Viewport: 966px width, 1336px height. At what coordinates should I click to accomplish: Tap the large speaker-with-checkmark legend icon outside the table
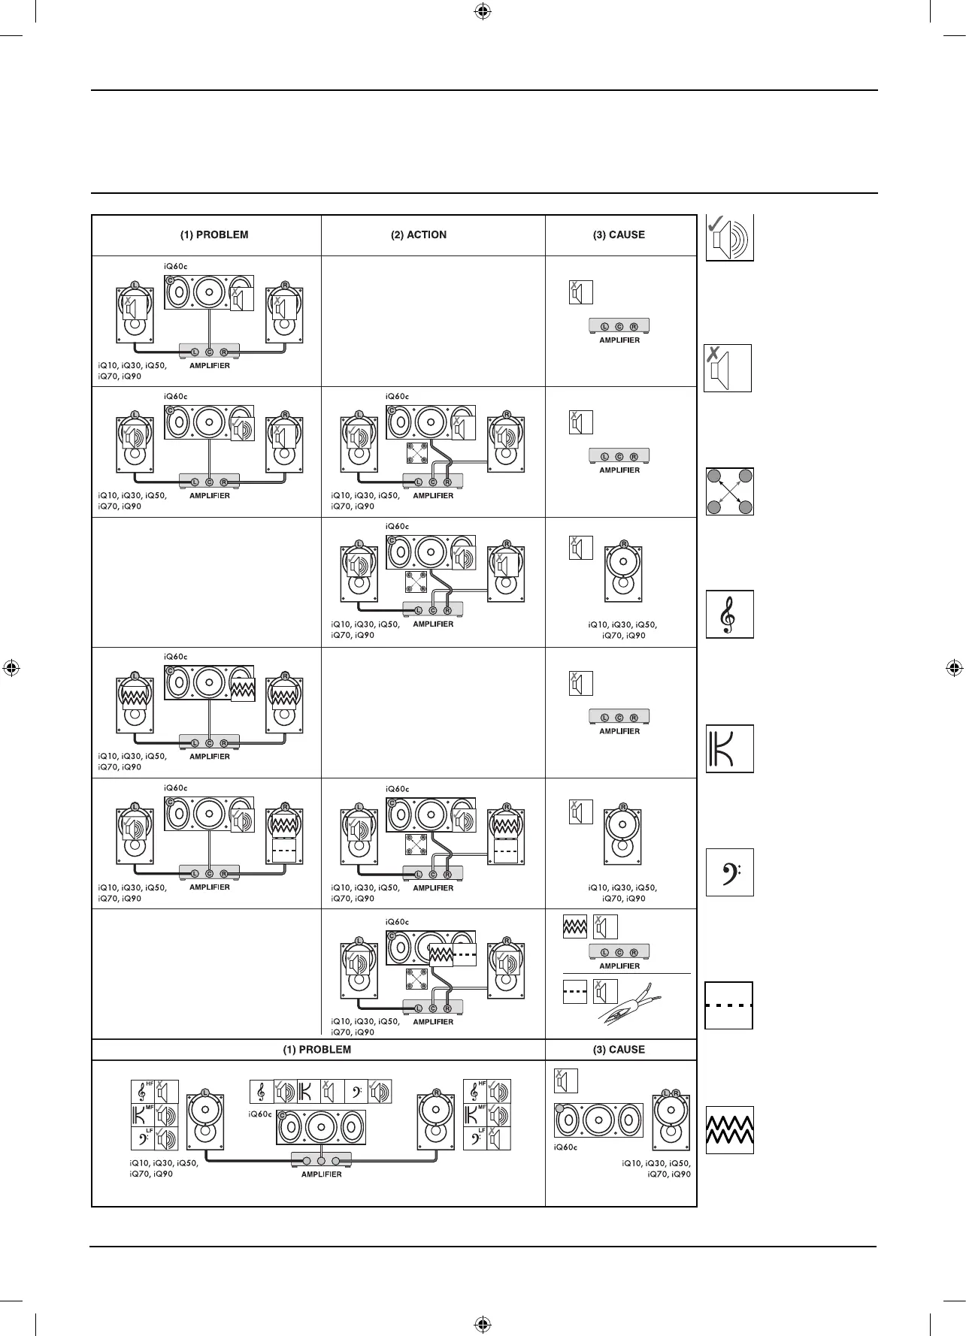tap(729, 238)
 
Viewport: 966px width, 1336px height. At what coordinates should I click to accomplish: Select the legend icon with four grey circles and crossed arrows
tap(729, 491)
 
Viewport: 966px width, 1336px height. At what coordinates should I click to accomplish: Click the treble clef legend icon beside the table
tap(729, 615)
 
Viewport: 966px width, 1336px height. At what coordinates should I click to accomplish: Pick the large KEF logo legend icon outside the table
tap(729, 748)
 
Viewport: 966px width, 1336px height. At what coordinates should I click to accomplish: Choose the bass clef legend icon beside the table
tap(729, 872)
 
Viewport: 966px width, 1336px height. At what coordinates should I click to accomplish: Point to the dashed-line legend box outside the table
tap(728, 1005)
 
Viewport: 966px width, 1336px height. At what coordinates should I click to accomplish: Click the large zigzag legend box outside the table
tap(729, 1130)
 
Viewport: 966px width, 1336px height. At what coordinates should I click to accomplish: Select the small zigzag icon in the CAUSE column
tap(575, 927)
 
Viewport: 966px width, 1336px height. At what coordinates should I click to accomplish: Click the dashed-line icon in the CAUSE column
tap(575, 992)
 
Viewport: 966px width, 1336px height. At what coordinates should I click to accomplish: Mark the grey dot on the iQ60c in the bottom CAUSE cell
tap(560, 1109)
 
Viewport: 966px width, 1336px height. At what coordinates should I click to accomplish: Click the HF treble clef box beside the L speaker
tap(143, 1092)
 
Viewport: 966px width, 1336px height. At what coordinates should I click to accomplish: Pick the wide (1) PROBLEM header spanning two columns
tap(317, 1050)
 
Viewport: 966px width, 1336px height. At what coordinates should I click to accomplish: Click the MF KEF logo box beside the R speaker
tap(476, 1115)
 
